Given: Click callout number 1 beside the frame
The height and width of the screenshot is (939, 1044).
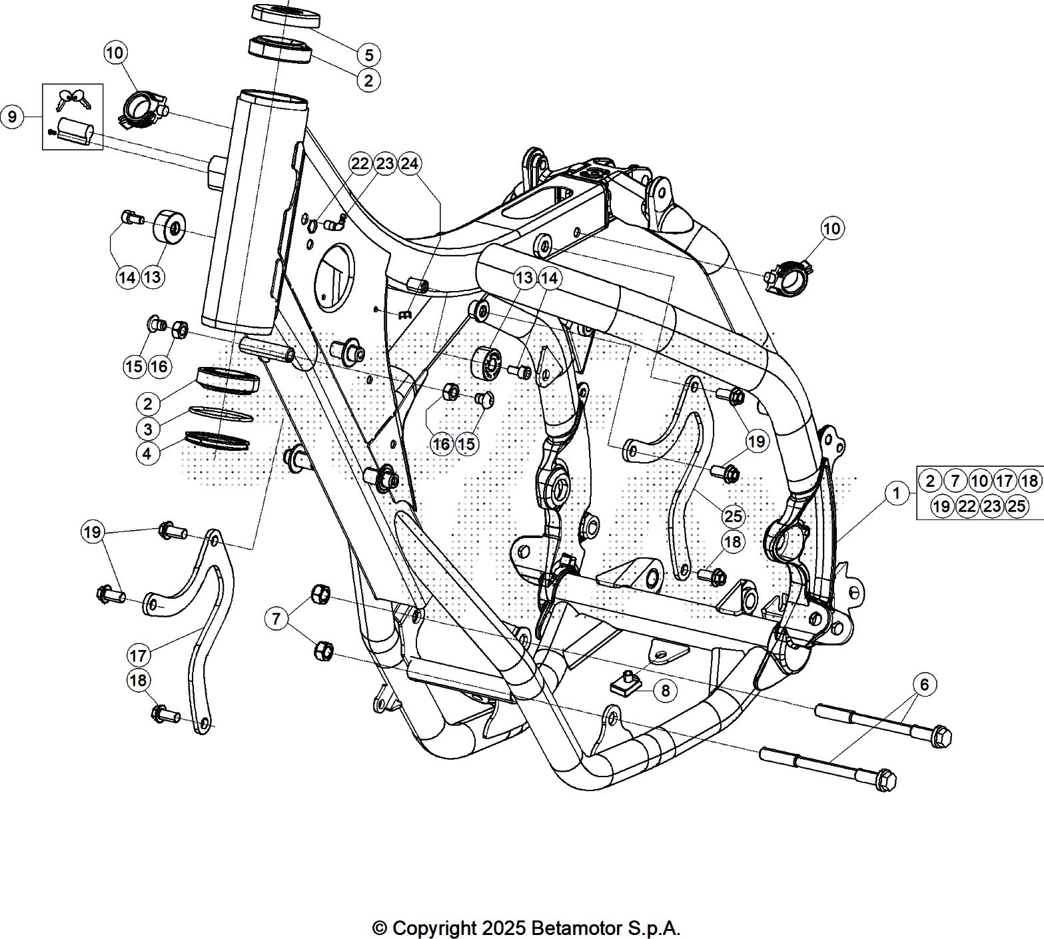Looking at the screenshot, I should (x=897, y=493).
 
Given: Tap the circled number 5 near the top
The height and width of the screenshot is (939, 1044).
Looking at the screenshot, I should (x=368, y=55).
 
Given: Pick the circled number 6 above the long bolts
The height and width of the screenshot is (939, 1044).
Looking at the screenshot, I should (x=924, y=684).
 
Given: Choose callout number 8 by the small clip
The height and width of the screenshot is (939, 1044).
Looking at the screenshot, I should (x=665, y=691).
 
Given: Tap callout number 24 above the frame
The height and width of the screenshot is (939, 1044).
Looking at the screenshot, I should (x=410, y=164).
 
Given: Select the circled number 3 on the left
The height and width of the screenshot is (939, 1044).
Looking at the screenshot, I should (x=148, y=428).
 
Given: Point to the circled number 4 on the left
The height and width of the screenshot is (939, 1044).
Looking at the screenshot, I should (x=148, y=454).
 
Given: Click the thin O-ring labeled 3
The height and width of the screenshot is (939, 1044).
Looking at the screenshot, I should (x=221, y=414).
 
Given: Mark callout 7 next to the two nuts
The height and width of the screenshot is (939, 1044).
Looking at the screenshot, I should (x=276, y=619).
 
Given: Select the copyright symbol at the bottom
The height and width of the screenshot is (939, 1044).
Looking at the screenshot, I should (x=379, y=928).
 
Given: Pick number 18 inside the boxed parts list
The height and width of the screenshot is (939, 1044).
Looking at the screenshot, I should (x=1029, y=481).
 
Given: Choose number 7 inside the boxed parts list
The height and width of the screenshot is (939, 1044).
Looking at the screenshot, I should (x=955, y=481).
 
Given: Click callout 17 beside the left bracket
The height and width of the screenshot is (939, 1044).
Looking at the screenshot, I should (x=138, y=655).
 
